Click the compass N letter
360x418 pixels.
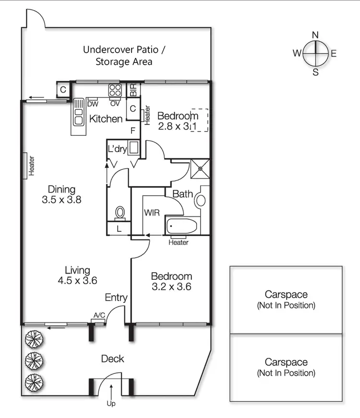[315, 35]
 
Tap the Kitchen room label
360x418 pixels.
[106, 119]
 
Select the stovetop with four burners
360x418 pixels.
[115, 90]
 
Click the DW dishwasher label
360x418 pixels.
[93, 104]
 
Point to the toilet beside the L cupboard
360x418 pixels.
[120, 213]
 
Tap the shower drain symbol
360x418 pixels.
[200, 169]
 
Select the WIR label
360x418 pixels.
[152, 213]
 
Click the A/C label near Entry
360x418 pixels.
[99, 315]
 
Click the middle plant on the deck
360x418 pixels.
[34, 361]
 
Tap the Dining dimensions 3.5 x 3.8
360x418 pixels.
[61, 200]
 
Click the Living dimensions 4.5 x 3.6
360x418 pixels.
[77, 280]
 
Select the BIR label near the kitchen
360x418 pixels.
[133, 90]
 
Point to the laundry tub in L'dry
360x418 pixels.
[133, 148]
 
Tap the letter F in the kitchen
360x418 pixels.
[133, 131]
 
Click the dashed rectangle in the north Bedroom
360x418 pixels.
[199, 120]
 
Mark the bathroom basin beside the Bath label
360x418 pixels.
[201, 201]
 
